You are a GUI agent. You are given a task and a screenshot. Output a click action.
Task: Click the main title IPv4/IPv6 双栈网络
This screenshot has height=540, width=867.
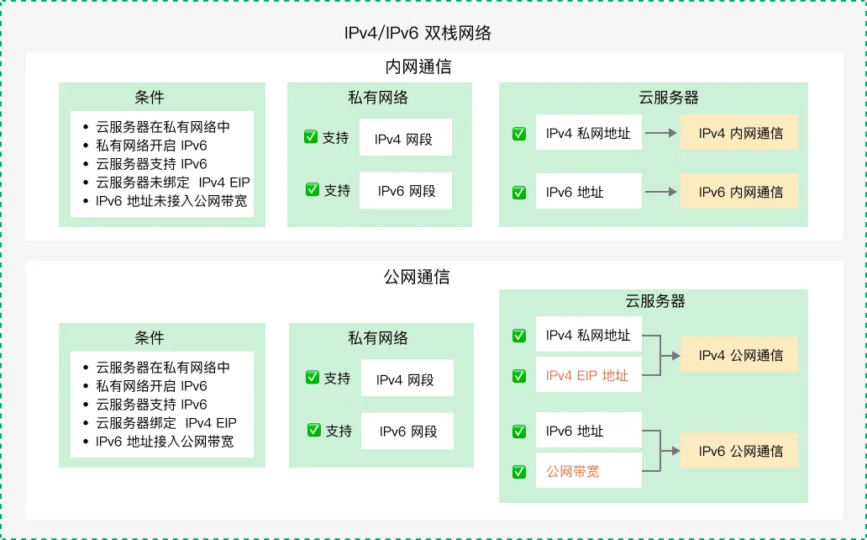(418, 34)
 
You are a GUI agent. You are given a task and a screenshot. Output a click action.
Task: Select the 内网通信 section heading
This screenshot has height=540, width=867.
(418, 67)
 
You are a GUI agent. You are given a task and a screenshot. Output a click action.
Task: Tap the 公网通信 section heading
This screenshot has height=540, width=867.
(417, 277)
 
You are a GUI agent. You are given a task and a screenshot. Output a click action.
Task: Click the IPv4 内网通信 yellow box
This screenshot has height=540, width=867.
(739, 133)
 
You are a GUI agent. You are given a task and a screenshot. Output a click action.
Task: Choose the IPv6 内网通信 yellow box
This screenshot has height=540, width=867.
(739, 192)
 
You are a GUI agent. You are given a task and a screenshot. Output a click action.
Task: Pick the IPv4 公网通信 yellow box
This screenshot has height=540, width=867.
(739, 355)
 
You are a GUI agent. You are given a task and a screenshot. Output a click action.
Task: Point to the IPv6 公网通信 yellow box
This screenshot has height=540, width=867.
(739, 451)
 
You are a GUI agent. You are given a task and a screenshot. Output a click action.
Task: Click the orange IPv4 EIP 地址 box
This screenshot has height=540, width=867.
(588, 376)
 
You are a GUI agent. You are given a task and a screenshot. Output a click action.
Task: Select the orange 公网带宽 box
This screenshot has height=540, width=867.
(588, 472)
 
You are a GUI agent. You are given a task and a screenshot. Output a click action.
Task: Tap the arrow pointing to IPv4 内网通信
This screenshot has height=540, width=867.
(661, 133)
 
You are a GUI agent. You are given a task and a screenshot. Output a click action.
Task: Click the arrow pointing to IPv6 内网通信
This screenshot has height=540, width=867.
(661, 192)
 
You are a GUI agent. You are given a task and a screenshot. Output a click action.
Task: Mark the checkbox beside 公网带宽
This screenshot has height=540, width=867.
(519, 472)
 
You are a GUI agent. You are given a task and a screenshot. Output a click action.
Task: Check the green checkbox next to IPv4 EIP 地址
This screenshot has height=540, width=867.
(519, 376)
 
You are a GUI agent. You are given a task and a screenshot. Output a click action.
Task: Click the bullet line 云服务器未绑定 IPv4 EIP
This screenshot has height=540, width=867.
(172, 183)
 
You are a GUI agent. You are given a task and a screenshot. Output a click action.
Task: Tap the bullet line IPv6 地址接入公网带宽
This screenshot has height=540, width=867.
(164, 442)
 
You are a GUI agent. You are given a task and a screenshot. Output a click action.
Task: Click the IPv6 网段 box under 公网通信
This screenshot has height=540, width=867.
(407, 431)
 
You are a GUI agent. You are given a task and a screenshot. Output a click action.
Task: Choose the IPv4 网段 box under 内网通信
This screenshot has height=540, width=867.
(406, 139)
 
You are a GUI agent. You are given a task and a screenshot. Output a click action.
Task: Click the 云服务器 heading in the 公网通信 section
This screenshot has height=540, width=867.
(654, 301)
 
